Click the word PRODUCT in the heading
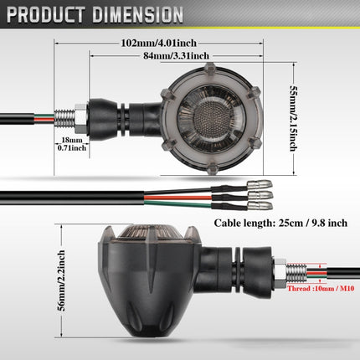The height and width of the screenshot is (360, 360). pos(46,14)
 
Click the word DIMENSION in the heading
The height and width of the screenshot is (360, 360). pos(138,14)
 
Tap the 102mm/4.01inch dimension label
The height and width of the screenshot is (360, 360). pos(159,44)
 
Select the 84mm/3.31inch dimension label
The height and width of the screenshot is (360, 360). pos(176,56)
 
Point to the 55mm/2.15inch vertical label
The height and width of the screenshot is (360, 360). pos(293,118)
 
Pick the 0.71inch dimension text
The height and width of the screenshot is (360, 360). pos(72,148)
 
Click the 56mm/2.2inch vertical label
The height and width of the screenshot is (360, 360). pos(61,280)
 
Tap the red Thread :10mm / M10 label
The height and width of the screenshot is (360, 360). pos(321,289)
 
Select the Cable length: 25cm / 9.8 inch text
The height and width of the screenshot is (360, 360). pos(280,224)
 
